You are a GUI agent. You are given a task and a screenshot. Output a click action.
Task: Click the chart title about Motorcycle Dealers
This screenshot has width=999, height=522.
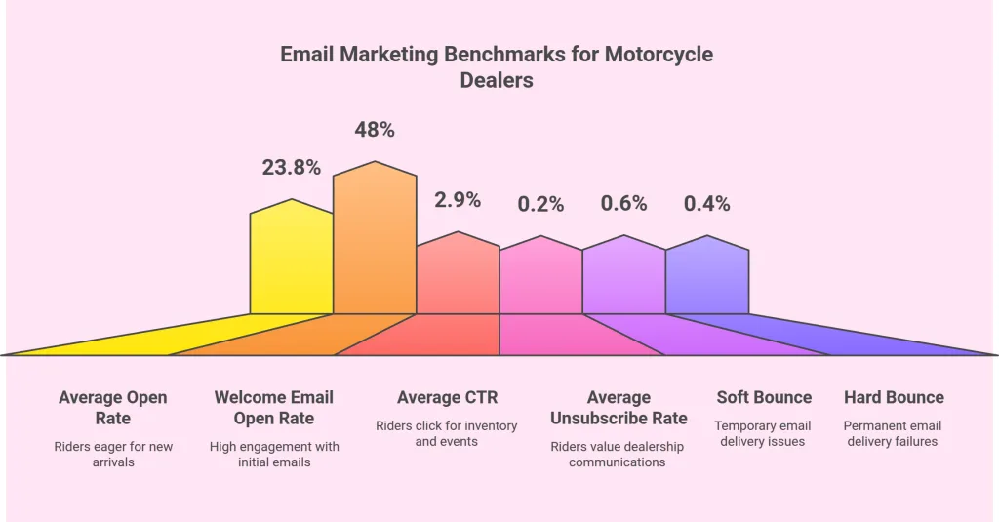(497, 67)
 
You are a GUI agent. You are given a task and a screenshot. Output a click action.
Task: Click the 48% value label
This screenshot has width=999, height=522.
(375, 130)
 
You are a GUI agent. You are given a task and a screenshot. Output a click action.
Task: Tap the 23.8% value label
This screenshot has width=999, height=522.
(291, 167)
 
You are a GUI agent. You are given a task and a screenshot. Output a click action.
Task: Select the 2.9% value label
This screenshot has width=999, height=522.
(457, 200)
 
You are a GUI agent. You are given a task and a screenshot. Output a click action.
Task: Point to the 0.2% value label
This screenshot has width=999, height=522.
(540, 204)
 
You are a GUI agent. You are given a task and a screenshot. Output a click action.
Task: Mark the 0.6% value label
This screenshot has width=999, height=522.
(623, 203)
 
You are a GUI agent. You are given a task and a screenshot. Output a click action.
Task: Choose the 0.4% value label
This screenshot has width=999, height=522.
(706, 204)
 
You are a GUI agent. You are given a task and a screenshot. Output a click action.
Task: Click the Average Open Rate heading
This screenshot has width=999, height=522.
(113, 408)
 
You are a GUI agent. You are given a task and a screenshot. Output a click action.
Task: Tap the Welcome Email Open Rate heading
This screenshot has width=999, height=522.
(274, 408)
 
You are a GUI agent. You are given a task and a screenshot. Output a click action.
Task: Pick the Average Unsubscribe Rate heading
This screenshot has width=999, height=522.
(619, 408)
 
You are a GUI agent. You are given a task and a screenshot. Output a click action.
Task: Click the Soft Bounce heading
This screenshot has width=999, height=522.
(764, 397)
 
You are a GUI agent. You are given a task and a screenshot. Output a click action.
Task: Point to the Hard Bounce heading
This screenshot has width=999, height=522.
(894, 397)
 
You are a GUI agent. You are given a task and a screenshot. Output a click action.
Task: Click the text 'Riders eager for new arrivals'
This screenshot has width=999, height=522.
(113, 455)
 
